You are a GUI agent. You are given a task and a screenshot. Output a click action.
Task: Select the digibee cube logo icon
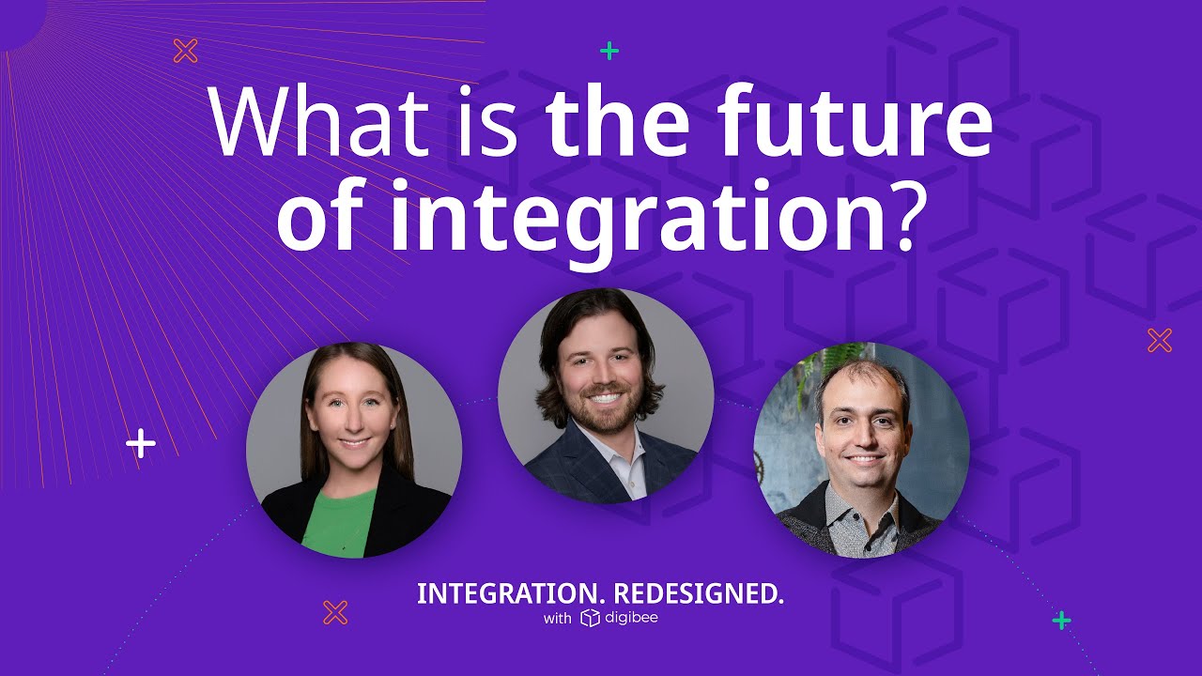[x=590, y=618]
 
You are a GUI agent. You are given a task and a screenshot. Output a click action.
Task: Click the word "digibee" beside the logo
[x=631, y=618]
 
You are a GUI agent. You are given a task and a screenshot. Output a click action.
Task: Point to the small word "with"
[x=557, y=619]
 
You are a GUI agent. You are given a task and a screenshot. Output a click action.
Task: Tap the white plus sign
[x=141, y=443]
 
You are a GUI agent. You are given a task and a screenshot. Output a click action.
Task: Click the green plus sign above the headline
[x=609, y=51]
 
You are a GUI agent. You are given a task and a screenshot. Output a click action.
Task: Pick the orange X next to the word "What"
[x=186, y=51]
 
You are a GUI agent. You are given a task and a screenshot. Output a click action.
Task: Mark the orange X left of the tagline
[x=335, y=612]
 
